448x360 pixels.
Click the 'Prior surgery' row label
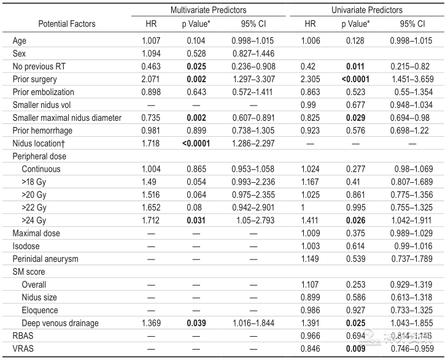35,80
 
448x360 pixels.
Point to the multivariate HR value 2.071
150,80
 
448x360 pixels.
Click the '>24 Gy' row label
34,220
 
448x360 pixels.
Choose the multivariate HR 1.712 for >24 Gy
150,220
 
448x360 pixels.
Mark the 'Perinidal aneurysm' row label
46,259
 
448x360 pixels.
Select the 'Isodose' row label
26,246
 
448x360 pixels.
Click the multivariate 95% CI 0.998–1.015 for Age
249,41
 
